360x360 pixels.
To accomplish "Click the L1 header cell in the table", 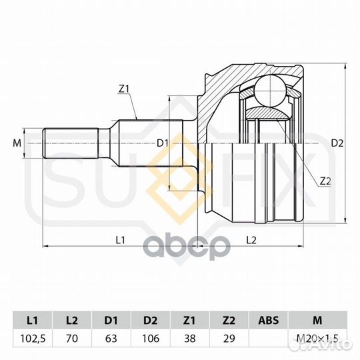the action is pyautogui.click(x=33, y=320).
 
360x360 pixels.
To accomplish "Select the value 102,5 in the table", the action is pyautogui.click(x=33, y=339).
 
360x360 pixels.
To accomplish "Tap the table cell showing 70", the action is pyautogui.click(x=71, y=339).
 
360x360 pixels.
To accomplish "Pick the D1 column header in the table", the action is pyautogui.click(x=111, y=320).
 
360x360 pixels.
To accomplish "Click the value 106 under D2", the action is pyautogui.click(x=151, y=339).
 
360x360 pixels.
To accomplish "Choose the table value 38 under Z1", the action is pyautogui.click(x=189, y=339).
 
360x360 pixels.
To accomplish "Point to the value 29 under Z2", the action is pyautogui.click(x=229, y=339).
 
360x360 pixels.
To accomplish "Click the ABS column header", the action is pyautogui.click(x=268, y=320).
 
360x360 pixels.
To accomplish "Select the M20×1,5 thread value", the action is pyautogui.click(x=317, y=339).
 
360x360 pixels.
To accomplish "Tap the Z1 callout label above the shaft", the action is pyautogui.click(x=124, y=89).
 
